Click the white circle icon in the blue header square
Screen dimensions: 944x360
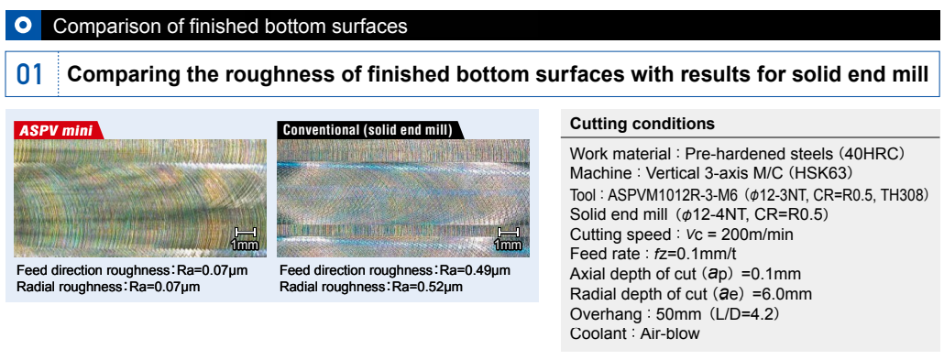23,26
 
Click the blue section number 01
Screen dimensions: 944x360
30,74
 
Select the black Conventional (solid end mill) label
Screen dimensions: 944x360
368,130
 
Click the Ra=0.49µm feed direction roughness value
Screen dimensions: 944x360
475,270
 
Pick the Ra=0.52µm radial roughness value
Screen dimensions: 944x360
427,287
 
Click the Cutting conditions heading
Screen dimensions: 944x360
642,124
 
